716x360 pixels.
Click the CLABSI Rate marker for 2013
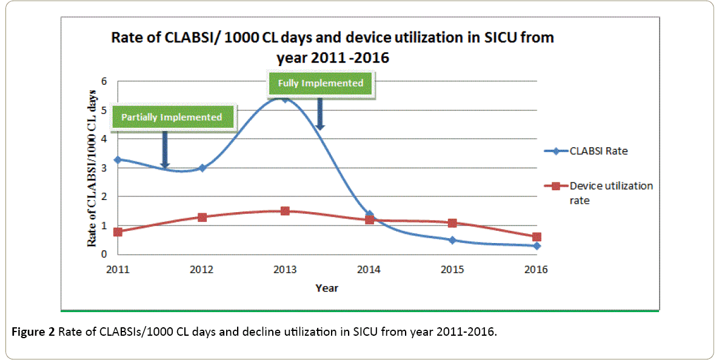[285, 98]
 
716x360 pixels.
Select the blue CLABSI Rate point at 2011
[118, 159]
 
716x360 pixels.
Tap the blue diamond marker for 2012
[202, 168]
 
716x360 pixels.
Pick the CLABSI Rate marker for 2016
[537, 245]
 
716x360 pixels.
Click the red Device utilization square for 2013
[285, 211]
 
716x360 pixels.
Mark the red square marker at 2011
[118, 232]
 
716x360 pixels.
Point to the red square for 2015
[452, 223]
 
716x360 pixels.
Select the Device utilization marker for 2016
[537, 237]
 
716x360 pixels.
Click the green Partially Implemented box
[172, 117]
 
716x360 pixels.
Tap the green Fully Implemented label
[321, 83]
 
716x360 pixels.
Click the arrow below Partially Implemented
[164, 149]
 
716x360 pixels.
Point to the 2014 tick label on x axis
[369, 270]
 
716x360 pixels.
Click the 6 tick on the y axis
[104, 81]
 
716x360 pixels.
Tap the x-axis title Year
[327, 288]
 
